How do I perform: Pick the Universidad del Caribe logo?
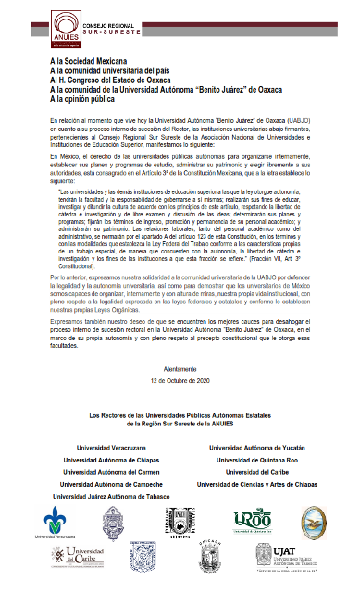coord(76,559)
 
